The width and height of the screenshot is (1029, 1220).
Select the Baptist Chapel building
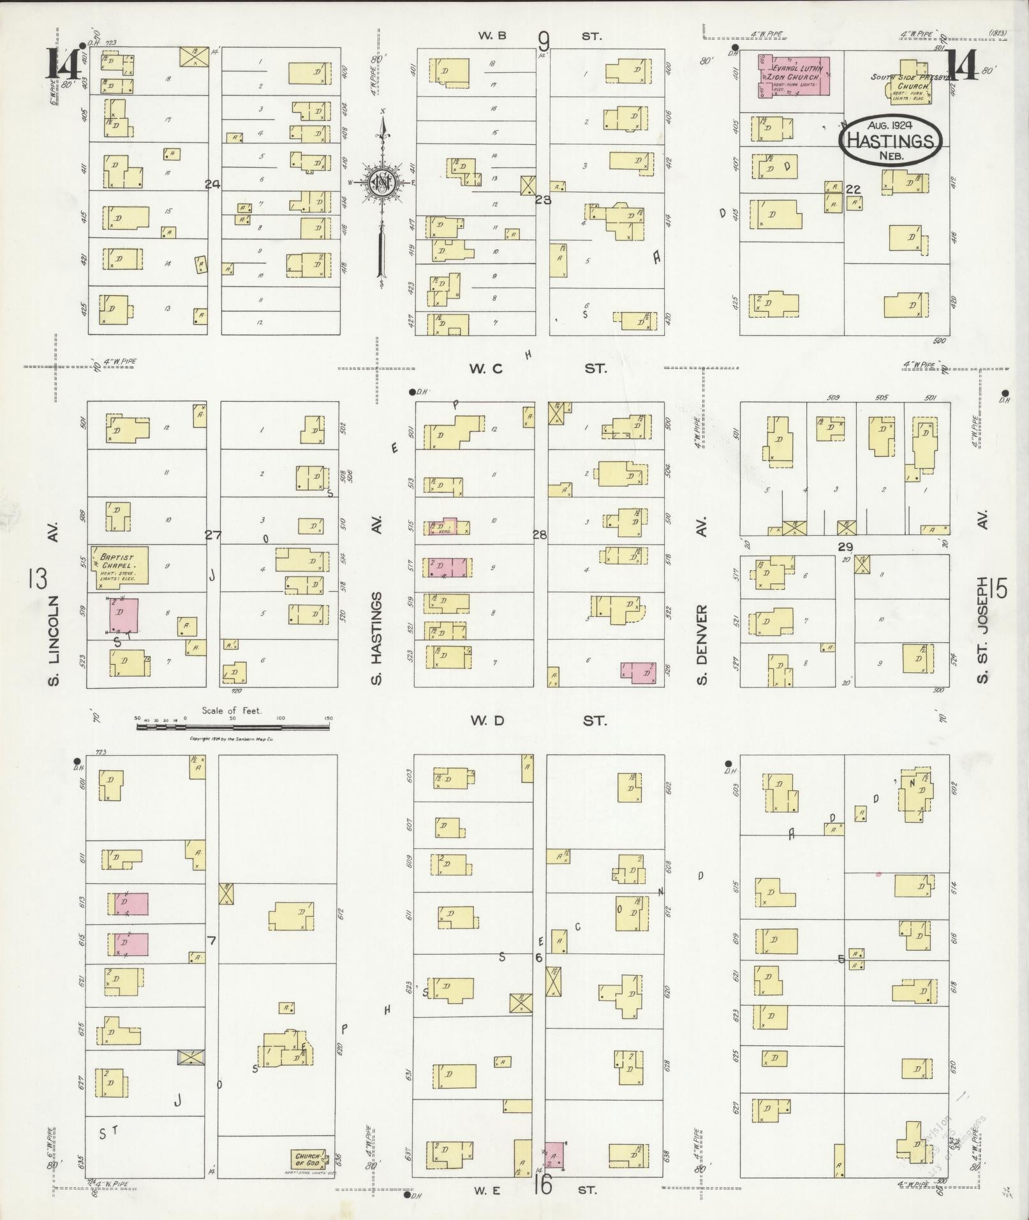click(119, 565)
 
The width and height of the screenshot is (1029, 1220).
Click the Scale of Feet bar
click(233, 718)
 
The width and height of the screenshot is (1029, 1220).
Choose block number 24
click(212, 184)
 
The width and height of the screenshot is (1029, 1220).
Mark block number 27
click(212, 535)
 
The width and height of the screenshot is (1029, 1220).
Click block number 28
click(540, 535)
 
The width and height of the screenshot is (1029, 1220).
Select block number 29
click(845, 547)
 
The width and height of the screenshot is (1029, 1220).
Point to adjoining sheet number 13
click(38, 580)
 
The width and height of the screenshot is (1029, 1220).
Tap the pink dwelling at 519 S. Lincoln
click(123, 615)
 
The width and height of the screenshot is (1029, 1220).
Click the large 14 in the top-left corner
click(62, 66)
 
